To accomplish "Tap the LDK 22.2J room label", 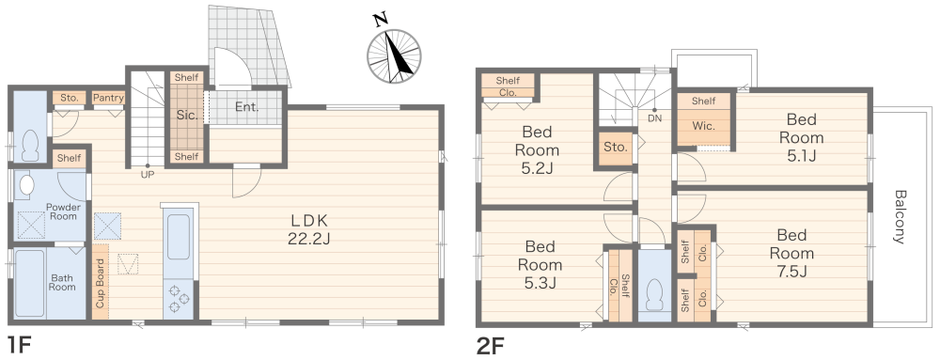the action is coord(309,228).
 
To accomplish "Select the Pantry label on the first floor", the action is coord(108,98).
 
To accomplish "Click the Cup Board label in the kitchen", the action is coord(100,283).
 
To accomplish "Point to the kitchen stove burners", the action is coord(178,299).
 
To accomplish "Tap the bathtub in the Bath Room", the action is coord(29,284).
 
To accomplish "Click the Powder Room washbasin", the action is coord(25,186).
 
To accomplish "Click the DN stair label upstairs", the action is coord(654,119).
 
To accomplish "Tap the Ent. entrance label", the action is coord(246,108).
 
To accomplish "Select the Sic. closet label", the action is coord(188,116).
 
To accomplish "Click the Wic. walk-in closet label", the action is coord(703,127).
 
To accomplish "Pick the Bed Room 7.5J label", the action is coord(791,252).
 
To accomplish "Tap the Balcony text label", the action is coord(899,217).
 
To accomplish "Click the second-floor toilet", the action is coord(654,295).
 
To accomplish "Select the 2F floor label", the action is coord(491,346).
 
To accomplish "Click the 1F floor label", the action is coord(18,346).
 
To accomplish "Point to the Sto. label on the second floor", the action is coord(616,147).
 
